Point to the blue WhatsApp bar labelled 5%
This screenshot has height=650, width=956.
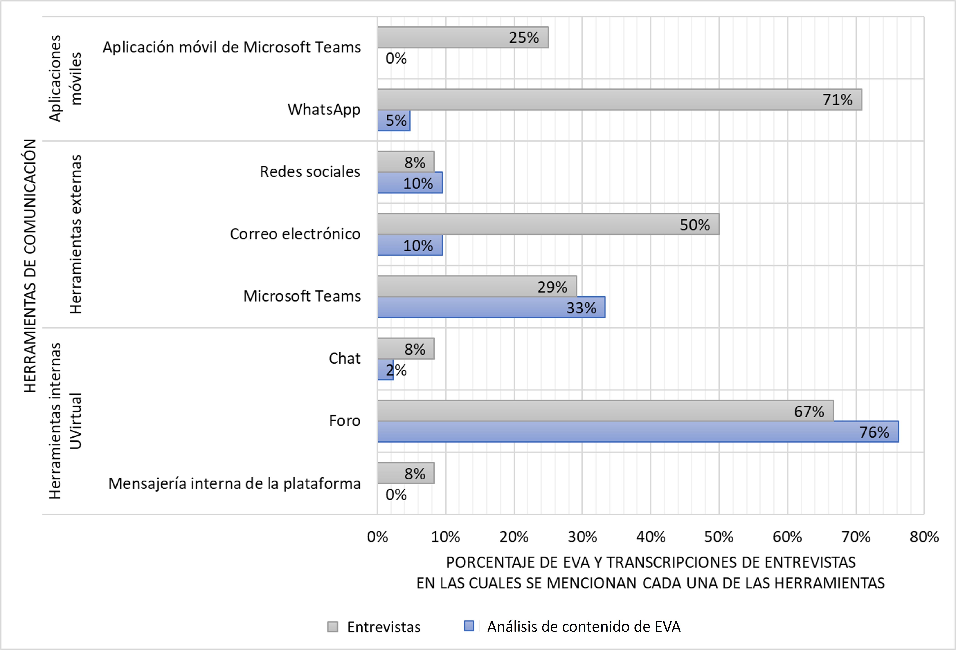(x=394, y=120)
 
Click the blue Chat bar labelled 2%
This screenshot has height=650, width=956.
(x=385, y=370)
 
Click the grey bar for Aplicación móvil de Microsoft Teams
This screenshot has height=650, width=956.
(x=463, y=37)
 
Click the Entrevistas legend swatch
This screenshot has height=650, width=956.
(x=332, y=626)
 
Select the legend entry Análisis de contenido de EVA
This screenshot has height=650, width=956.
(x=583, y=626)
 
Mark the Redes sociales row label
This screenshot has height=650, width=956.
(x=310, y=171)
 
